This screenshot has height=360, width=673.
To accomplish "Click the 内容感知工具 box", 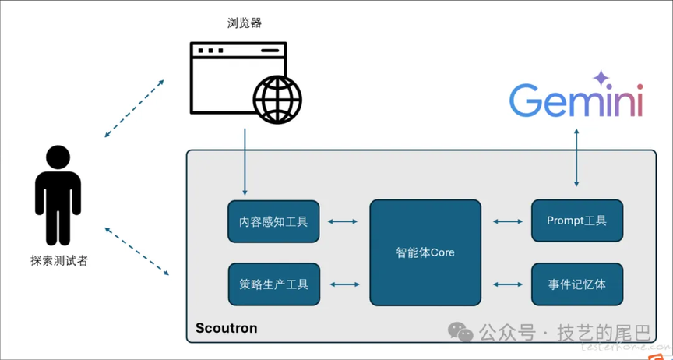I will (273, 221).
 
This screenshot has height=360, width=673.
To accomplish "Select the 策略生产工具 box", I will (273, 284).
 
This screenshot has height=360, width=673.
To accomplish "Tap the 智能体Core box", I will (425, 252).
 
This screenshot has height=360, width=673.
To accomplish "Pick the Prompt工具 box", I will (576, 221).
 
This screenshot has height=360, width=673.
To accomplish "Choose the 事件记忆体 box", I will (576, 284).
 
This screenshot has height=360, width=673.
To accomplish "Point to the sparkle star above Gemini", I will (600, 78).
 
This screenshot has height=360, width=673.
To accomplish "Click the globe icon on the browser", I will (277, 100).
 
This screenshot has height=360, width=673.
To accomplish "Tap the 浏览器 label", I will (244, 23).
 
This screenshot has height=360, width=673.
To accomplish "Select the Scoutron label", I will (226, 327).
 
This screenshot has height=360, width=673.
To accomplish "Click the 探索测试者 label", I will (58, 261).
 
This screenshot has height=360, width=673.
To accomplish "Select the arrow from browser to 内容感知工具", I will (245, 161).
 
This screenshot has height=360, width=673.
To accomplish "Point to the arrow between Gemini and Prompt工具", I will (576, 159).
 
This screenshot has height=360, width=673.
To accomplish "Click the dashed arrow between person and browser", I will (135, 108).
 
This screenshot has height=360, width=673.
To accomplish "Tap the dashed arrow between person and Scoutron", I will (136, 251).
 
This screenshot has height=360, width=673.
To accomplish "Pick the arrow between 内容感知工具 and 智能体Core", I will (343, 221).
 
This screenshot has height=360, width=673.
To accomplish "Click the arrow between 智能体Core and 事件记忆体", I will (508, 284).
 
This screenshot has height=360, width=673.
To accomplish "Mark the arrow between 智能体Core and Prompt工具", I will (508, 221).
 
